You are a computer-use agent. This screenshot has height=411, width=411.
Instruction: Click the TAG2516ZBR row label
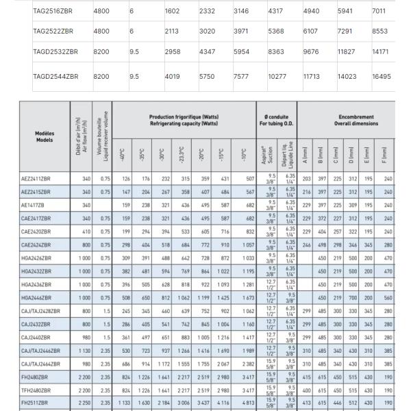pos(53,12)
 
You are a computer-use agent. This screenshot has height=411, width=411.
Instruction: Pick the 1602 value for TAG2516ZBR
pos(172,12)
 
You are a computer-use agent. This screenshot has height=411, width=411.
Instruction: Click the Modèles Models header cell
pos(45,136)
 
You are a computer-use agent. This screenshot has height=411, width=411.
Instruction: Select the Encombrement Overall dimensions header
pos(356,120)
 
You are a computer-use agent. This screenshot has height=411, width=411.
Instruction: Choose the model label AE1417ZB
pos(34,205)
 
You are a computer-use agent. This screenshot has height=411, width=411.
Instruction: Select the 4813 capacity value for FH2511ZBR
pos(245,403)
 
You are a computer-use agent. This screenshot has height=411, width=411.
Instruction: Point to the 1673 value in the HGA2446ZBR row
pos(245,298)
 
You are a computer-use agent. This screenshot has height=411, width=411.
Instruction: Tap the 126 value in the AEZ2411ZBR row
pos(125,179)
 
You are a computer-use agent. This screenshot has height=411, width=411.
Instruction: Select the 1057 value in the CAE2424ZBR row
pos(246,245)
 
